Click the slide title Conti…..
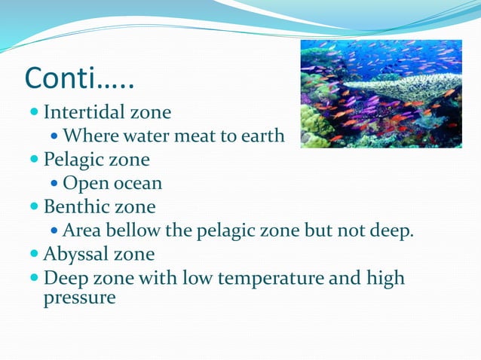point(79,78)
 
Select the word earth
point(262,136)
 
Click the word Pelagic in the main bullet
point(74,160)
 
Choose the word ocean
point(137,184)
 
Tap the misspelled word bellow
point(136,230)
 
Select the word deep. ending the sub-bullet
point(393,230)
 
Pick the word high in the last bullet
point(384,278)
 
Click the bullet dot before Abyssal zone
point(35,254)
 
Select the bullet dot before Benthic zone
point(35,206)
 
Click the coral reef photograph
point(381,93)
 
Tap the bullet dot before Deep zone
point(35,278)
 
